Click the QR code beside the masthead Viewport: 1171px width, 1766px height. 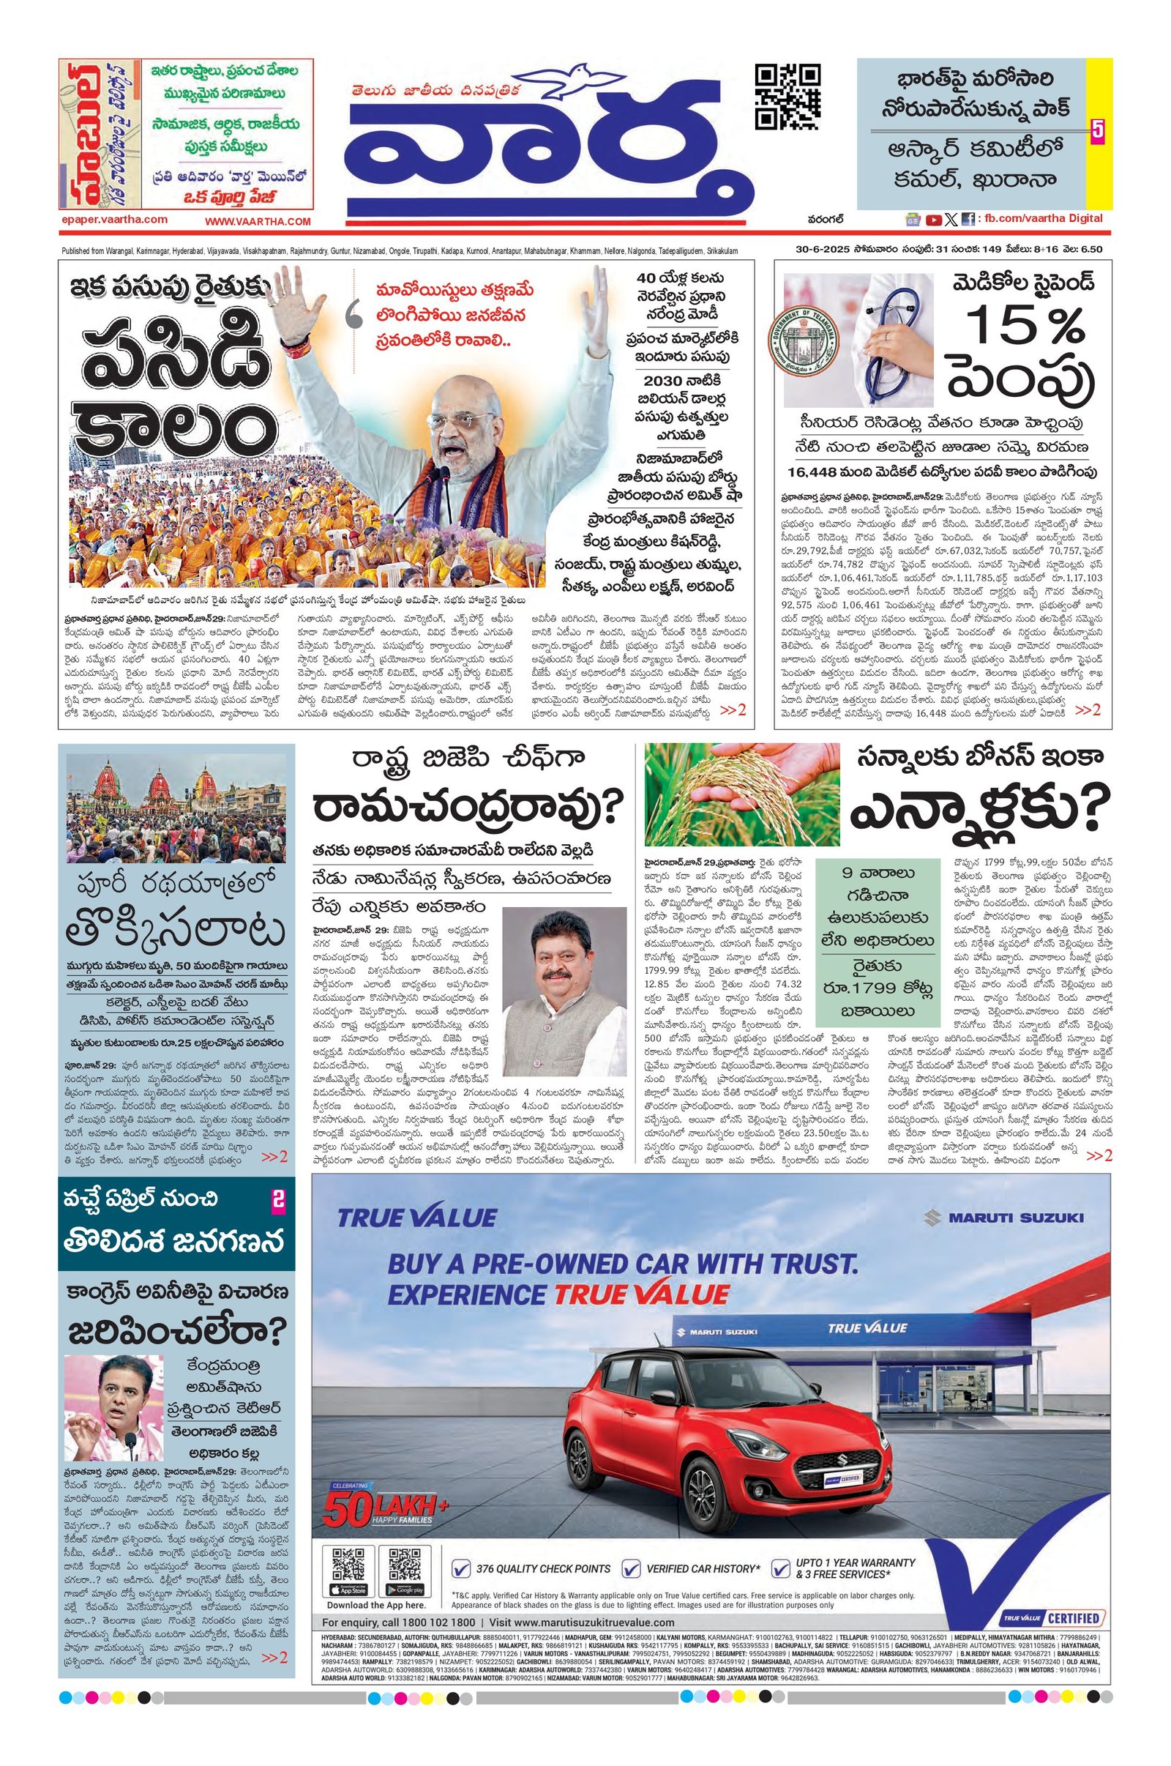[x=788, y=97]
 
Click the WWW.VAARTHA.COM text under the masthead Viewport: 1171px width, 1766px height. [x=258, y=222]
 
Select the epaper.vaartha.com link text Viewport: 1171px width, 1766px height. [x=114, y=220]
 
